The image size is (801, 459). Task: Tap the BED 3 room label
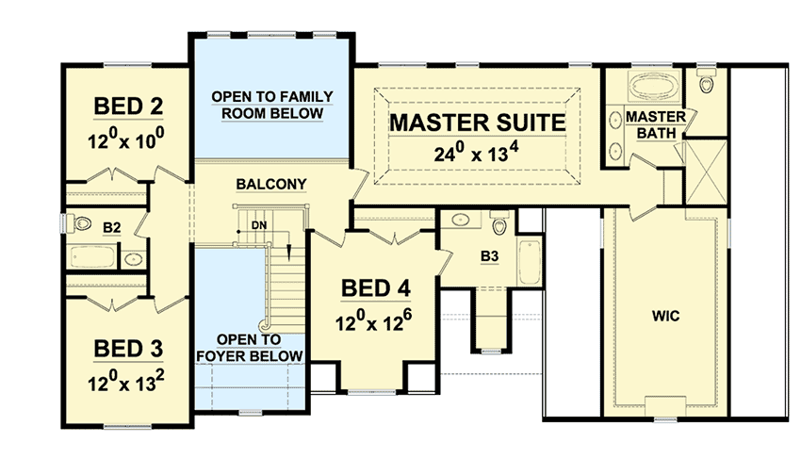point(128,349)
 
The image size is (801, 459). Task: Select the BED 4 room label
point(374,288)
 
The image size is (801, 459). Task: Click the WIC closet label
point(665,315)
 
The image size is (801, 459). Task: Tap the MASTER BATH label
point(649,124)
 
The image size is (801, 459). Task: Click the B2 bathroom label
point(112,227)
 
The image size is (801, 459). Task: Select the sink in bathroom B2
point(134,256)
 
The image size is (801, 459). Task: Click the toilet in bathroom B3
point(499,226)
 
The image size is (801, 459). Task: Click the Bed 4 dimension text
point(374,321)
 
